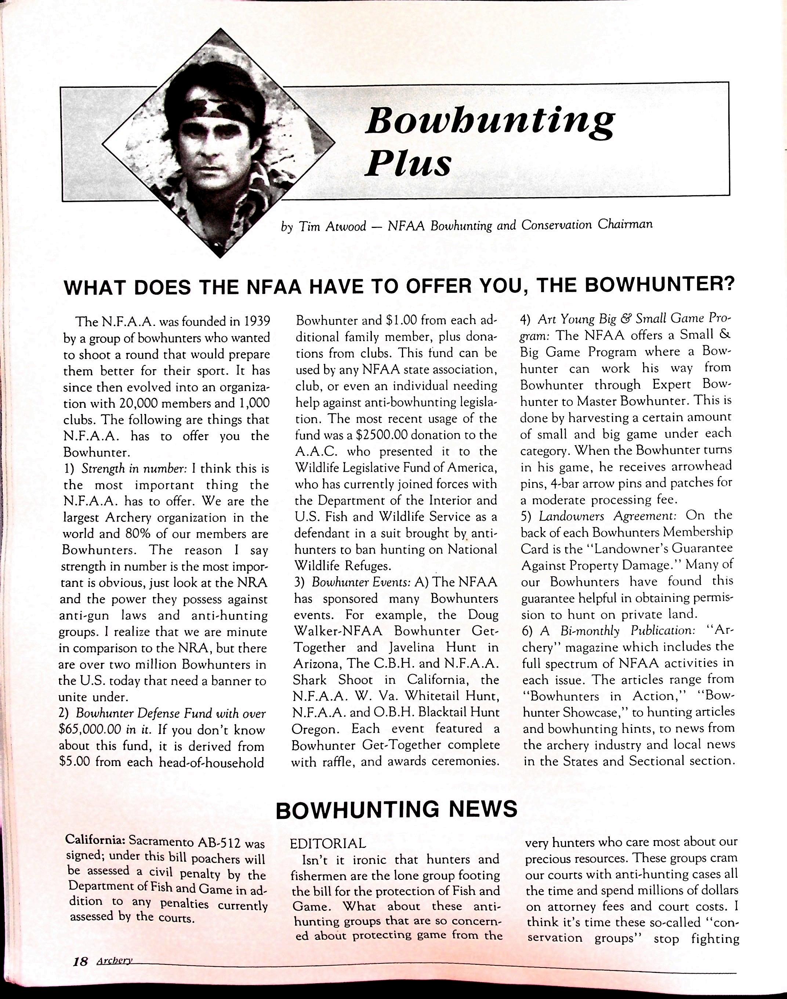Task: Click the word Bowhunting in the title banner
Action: pyautogui.click(x=489, y=121)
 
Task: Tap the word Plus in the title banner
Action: pyautogui.click(x=407, y=164)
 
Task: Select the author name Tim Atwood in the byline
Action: pyautogui.click(x=332, y=226)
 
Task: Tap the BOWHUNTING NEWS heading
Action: pyautogui.click(x=396, y=809)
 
